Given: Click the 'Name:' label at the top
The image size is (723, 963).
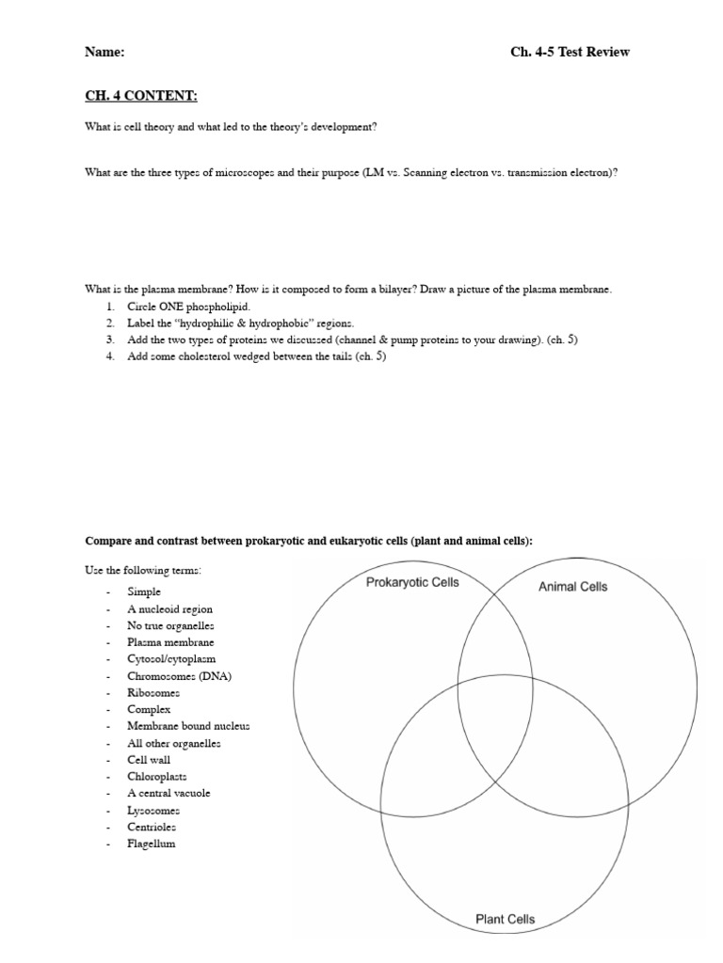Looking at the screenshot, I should [x=104, y=52].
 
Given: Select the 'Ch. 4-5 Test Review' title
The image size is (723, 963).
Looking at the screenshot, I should [x=570, y=52].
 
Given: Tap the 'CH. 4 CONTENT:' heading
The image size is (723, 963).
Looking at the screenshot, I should [x=141, y=96].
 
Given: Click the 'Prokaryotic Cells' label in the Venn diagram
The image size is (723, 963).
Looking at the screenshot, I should [x=412, y=582].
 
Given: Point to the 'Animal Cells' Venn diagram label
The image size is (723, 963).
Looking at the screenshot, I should [x=572, y=587].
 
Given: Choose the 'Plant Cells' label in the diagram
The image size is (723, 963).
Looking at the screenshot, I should [x=505, y=919].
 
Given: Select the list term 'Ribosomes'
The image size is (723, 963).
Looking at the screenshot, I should [x=153, y=692].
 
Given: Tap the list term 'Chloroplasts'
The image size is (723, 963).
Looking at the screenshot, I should [x=157, y=777].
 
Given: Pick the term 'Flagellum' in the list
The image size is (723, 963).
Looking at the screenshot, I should [x=152, y=844].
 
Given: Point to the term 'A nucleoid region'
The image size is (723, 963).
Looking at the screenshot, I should [x=170, y=609].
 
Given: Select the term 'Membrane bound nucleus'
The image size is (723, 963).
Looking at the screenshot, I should [x=188, y=726].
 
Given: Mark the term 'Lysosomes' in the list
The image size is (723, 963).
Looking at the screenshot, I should [x=153, y=810].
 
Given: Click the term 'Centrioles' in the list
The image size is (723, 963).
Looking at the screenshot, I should [x=153, y=827].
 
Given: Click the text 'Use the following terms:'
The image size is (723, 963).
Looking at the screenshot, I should [x=143, y=570].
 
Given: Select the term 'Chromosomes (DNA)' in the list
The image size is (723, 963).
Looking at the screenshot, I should [x=179, y=676].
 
